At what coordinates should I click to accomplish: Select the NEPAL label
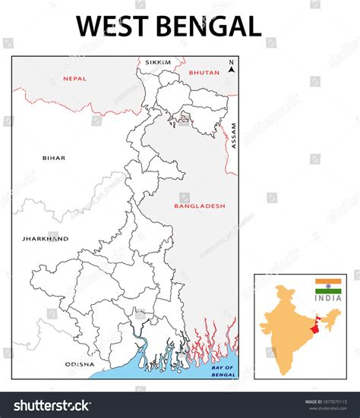[x=74, y=78]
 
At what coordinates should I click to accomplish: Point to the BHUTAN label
[x=204, y=73]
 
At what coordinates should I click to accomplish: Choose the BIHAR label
[x=54, y=158]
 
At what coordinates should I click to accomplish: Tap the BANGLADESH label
[x=199, y=206]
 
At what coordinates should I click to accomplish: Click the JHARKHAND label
[x=45, y=238]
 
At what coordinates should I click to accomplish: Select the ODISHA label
[x=79, y=364]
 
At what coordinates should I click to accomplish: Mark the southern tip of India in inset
[x=283, y=372]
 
